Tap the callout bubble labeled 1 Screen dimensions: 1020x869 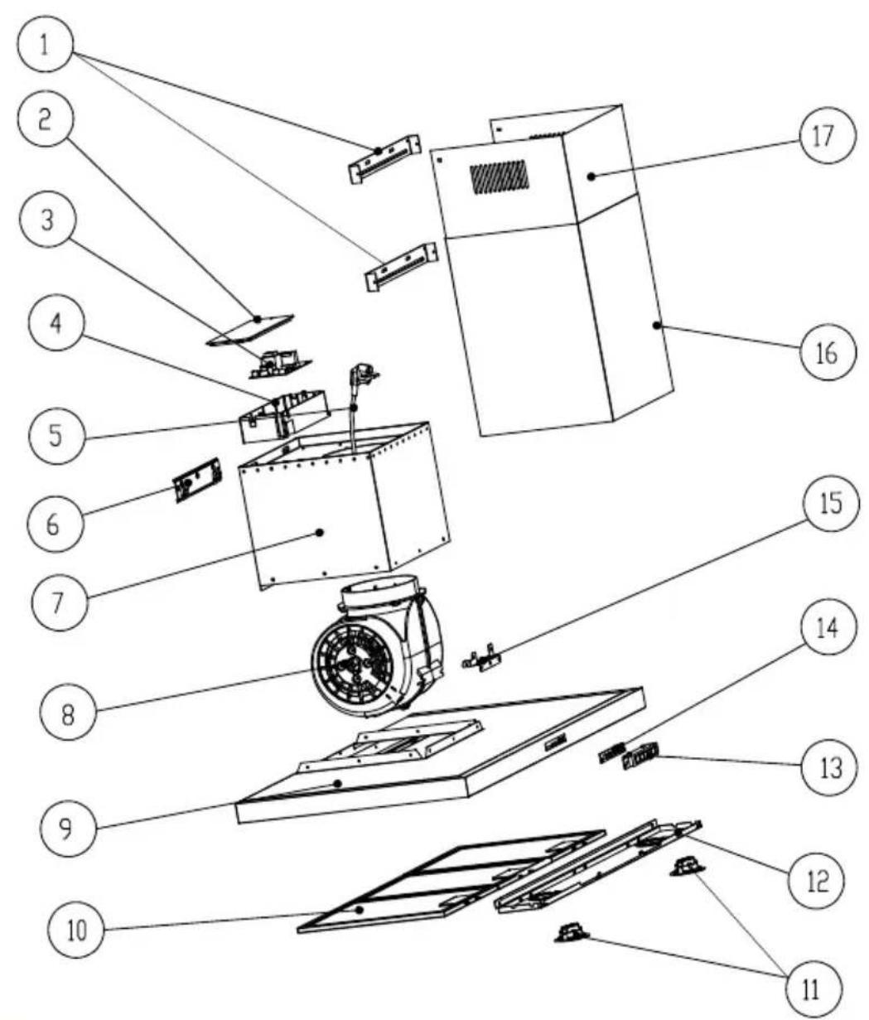48,42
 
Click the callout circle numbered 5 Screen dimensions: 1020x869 51,433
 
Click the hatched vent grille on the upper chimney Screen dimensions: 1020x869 499,178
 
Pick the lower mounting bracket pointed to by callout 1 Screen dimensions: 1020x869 399,267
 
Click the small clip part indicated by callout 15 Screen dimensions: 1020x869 482,660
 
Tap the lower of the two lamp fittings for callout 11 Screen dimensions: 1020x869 571,935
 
